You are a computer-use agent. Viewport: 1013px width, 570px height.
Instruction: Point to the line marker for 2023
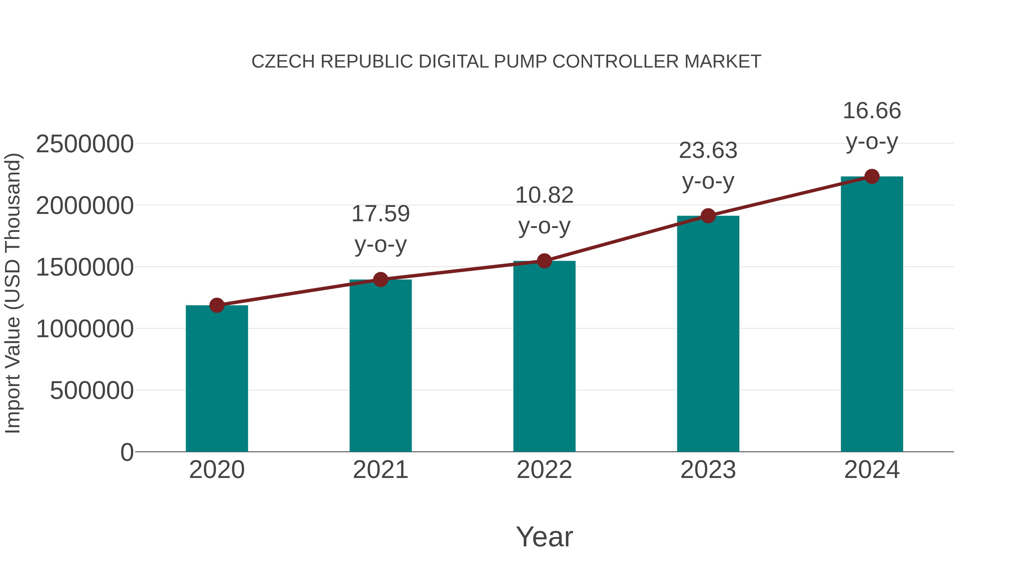708,216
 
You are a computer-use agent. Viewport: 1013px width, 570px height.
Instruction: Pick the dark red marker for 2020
217,305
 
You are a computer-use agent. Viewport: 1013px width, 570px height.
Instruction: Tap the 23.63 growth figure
708,151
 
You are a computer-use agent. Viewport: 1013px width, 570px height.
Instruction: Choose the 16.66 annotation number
872,111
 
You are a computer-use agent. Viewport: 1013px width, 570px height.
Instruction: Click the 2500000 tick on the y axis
84,144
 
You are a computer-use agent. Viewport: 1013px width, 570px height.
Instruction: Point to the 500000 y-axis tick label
92,391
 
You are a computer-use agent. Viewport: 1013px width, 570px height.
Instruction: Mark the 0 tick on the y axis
127,452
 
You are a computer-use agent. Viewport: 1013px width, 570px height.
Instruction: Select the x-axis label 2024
872,470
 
